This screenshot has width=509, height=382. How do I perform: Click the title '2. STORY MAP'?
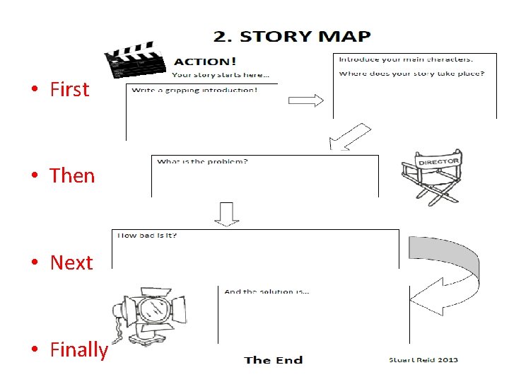click(x=292, y=36)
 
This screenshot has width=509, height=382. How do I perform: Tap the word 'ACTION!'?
click(x=205, y=62)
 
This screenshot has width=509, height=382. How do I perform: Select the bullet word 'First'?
click(x=69, y=89)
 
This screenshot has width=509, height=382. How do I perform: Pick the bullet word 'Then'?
click(x=72, y=175)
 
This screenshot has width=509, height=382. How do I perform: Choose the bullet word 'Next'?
click(x=71, y=262)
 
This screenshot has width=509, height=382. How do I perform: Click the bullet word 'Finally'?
click(x=78, y=349)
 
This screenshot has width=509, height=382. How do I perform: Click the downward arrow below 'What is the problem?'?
click(x=227, y=214)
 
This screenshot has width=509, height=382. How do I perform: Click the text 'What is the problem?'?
click(x=202, y=162)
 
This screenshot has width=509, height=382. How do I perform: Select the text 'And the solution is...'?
click(x=267, y=291)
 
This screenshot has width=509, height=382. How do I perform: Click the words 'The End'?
click(x=273, y=360)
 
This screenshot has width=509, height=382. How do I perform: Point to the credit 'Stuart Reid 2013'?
click(x=423, y=359)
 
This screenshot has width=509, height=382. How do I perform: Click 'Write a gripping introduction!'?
click(x=194, y=90)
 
